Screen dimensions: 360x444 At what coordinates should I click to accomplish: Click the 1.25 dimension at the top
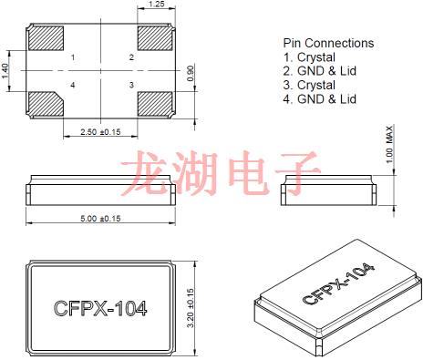[x=155, y=5]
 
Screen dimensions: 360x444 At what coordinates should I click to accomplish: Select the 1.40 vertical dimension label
[x=6, y=70]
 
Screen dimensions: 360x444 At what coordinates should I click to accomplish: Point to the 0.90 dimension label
[x=190, y=71]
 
